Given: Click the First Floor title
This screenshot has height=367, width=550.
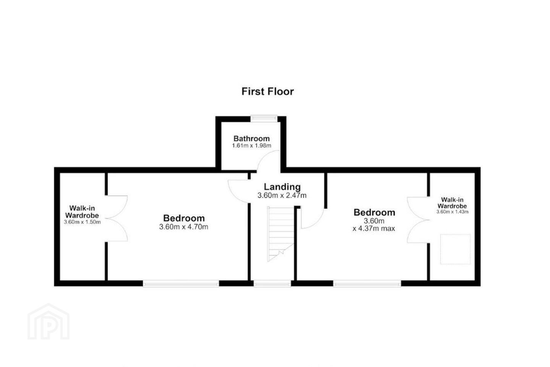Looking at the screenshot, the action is (267, 91).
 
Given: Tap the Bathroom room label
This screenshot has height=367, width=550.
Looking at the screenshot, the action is (251, 138).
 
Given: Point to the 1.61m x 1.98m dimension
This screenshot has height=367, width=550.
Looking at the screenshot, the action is (251, 146).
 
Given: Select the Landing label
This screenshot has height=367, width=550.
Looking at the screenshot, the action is (282, 187).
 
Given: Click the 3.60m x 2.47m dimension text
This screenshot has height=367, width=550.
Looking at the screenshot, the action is (282, 196).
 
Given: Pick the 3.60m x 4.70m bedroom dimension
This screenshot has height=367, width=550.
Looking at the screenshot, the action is (184, 227).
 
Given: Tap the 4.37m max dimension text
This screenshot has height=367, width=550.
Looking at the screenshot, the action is (374, 229).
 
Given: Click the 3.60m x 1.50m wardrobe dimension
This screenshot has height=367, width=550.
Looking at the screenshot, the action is (82, 222).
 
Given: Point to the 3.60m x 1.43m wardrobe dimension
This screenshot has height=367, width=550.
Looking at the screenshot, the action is (452, 212).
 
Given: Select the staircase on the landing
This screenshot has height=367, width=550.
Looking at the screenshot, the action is (281, 234).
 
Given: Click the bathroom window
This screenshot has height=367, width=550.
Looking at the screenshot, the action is (264, 119).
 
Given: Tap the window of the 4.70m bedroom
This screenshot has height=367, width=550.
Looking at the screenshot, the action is (181, 284).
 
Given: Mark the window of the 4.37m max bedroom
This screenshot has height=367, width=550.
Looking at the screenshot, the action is (367, 284).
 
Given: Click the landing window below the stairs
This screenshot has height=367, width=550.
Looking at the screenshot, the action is (272, 284).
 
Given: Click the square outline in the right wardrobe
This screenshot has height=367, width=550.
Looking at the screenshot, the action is (455, 249).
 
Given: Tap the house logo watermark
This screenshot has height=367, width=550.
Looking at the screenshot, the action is (49, 322).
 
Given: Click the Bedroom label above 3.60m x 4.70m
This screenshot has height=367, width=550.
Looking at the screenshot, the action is (184, 218).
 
